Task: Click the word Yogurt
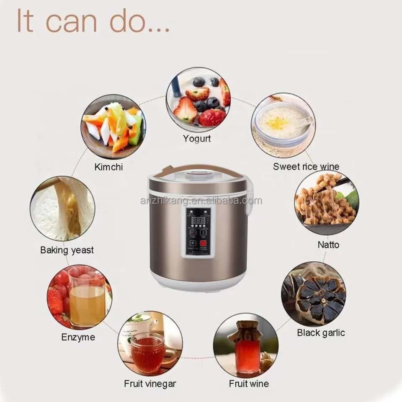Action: pos(196,139)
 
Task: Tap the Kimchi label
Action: pos(108,167)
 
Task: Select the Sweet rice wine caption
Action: pos(306,166)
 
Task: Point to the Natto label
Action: pos(329,244)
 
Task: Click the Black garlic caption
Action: pos(321,333)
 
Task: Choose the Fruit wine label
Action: pos(249,383)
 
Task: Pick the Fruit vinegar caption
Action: pos(150,383)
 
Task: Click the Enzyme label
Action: pos(78,337)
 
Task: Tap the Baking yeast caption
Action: pos(67,250)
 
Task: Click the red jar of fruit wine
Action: pos(247,352)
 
